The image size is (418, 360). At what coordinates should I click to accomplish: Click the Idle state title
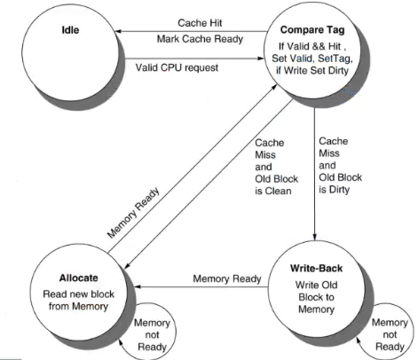click(x=70, y=30)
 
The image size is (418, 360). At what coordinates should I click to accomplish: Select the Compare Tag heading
click(x=312, y=30)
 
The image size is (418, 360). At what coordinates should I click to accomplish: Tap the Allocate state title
click(x=79, y=278)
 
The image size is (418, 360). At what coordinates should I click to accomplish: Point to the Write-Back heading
click(x=316, y=269)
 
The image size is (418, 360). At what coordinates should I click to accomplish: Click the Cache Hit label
click(x=200, y=23)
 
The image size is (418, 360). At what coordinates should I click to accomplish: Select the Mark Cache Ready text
click(x=200, y=39)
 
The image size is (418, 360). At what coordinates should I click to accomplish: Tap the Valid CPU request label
click(x=177, y=67)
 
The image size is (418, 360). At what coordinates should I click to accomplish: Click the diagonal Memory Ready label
click(x=134, y=213)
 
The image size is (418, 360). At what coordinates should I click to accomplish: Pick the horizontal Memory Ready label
click(x=227, y=278)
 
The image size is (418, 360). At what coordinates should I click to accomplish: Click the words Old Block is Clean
click(x=276, y=185)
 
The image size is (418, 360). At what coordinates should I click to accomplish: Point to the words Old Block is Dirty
click(x=340, y=184)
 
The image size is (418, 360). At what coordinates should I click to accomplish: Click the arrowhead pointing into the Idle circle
click(x=118, y=31)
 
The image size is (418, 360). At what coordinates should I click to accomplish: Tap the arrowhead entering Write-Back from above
click(x=314, y=238)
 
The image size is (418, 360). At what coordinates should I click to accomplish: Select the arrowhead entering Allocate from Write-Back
click(x=138, y=286)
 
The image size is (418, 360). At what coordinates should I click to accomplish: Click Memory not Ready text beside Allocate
click(x=152, y=335)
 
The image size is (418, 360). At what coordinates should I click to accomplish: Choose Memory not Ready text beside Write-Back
click(x=390, y=334)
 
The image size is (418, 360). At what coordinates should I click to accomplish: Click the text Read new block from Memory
click(x=78, y=301)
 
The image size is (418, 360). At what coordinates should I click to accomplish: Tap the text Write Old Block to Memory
click(x=316, y=297)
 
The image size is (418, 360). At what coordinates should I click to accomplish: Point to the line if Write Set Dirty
click(x=312, y=71)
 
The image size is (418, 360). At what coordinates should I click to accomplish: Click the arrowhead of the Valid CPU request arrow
click(x=260, y=59)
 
